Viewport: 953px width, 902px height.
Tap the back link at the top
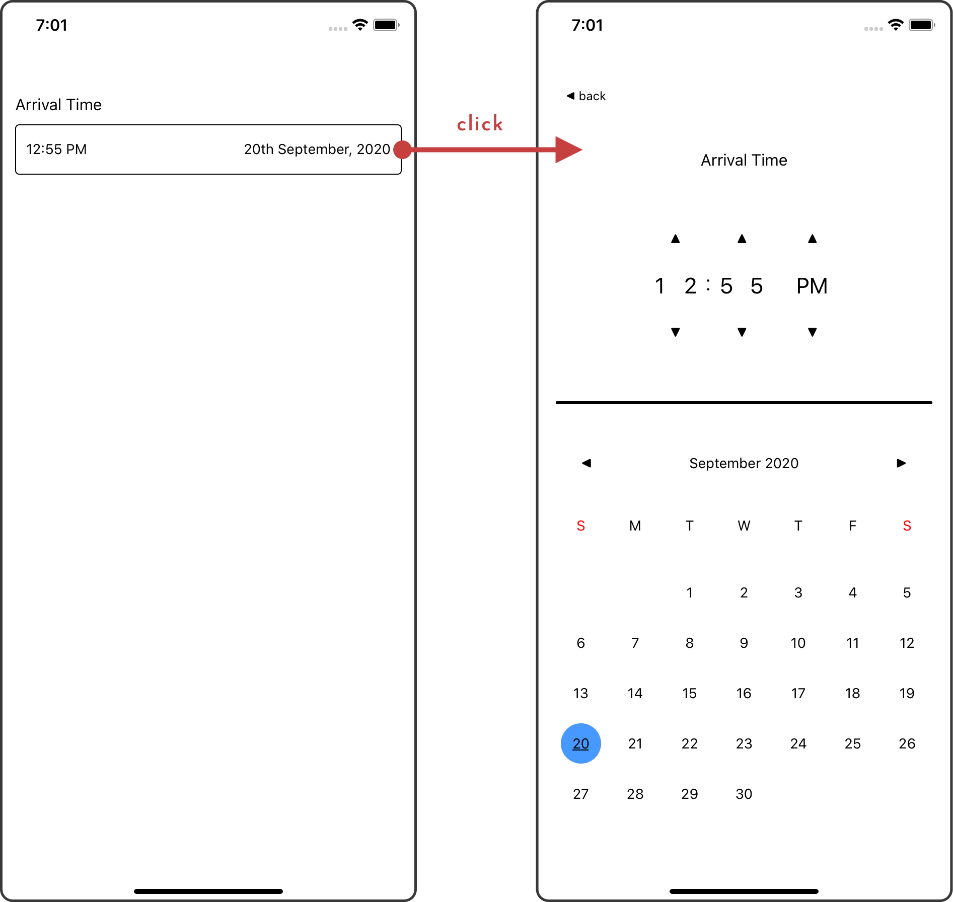586,96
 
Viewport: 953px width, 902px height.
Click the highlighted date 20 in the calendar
580,743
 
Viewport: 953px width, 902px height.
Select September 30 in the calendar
744,794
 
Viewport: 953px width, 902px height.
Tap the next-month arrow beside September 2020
901,463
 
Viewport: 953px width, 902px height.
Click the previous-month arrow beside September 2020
587,463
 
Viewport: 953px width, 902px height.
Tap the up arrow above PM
812,239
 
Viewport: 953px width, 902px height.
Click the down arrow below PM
812,332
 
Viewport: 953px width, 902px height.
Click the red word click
480,123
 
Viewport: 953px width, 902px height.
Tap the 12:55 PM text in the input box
56,149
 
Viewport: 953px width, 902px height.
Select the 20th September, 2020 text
317,149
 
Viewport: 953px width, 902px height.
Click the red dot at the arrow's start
403,149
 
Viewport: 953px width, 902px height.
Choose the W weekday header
744,526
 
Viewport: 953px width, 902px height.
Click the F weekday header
852,526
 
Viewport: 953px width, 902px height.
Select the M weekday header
635,526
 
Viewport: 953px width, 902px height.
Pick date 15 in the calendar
689,693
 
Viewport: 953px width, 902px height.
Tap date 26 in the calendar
907,743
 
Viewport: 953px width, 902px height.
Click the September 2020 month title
744,463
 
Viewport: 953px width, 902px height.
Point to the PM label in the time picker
812,286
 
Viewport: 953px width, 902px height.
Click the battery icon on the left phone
386,25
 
